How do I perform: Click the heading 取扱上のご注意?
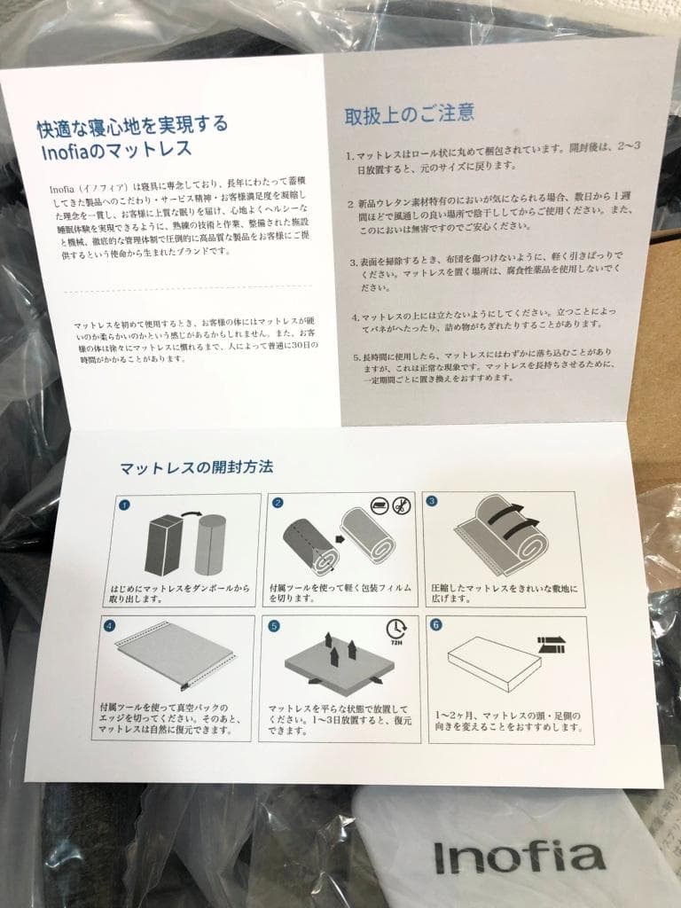pyautogui.click(x=409, y=113)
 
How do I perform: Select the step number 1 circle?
pyautogui.click(x=123, y=505)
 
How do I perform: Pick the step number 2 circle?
pyautogui.click(x=278, y=503)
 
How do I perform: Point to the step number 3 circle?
pyautogui.click(x=432, y=501)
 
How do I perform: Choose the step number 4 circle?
pyautogui.click(x=110, y=625)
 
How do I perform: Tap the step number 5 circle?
pyautogui.click(x=274, y=625)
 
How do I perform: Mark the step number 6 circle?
pyautogui.click(x=434, y=624)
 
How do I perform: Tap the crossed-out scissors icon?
pyautogui.click(x=402, y=506)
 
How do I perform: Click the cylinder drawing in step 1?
pyautogui.click(x=210, y=544)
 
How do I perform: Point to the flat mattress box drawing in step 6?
pyautogui.click(x=494, y=662)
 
